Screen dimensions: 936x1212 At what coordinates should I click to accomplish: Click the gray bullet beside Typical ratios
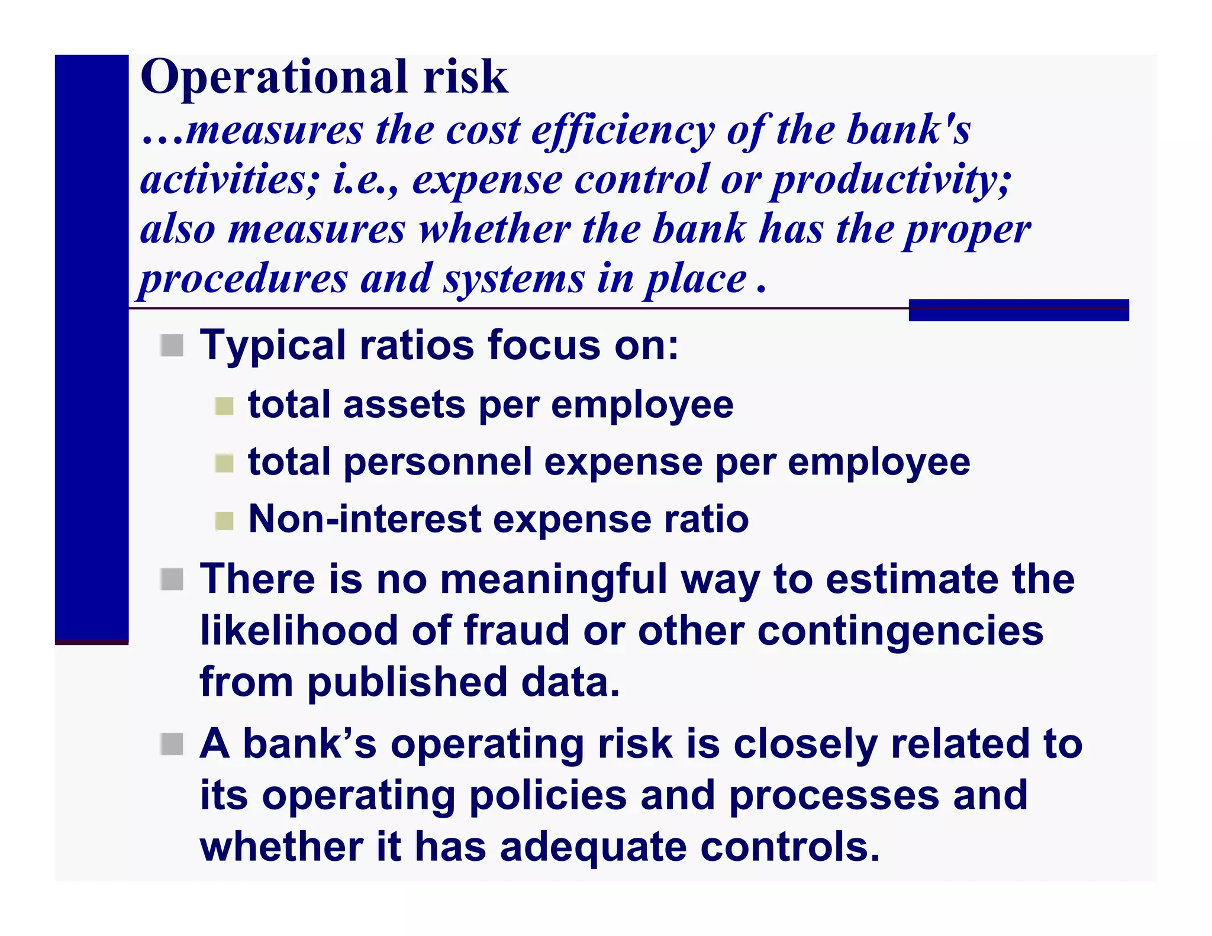point(172,346)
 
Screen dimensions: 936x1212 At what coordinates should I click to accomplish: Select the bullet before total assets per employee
point(224,406)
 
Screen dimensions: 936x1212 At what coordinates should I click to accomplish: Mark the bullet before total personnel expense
point(224,463)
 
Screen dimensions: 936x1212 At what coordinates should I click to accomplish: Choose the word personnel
point(437,463)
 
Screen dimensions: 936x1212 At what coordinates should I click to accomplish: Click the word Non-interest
point(365,519)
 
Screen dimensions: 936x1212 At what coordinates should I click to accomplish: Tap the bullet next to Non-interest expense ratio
point(224,521)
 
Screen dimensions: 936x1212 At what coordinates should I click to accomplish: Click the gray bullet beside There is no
point(172,579)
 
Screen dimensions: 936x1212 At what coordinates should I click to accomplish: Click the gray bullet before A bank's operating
point(172,744)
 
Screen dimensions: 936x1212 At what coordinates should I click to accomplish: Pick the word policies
point(547,796)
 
